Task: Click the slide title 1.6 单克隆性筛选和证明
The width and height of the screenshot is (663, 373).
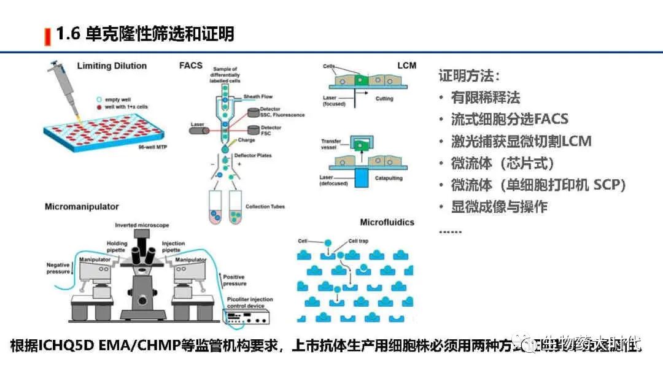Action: (145, 34)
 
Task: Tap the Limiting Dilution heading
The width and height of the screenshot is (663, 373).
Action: (112, 66)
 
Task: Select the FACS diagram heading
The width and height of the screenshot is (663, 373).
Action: (190, 65)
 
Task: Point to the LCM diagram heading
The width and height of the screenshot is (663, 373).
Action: (406, 66)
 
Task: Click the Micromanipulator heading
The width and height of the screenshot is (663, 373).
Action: (82, 207)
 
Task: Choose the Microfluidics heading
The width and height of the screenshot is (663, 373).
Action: (387, 222)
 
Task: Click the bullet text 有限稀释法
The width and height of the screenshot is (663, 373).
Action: (486, 98)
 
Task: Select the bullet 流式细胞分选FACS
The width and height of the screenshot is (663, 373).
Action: (510, 119)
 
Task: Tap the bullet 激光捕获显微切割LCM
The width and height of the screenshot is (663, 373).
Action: (521, 141)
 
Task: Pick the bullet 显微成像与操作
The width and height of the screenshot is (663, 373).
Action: (499, 207)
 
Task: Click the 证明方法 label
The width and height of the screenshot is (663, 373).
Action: (469, 76)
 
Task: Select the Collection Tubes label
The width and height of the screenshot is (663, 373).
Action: (265, 207)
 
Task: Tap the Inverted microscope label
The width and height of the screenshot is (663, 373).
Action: (142, 225)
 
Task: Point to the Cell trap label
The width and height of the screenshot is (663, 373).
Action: (360, 242)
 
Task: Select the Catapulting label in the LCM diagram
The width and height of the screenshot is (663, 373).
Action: (388, 178)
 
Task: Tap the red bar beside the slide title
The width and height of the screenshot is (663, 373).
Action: (47, 36)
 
